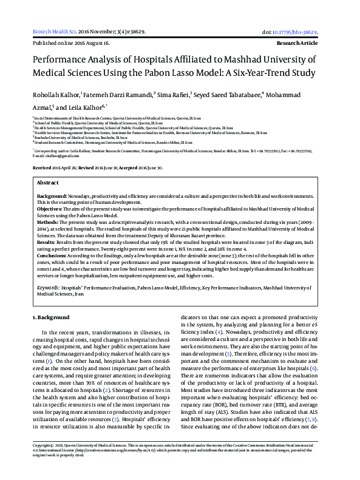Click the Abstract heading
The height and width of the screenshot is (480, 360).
click(48, 183)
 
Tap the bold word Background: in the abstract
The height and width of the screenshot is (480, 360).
click(52, 197)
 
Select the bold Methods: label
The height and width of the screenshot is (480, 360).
click(49, 223)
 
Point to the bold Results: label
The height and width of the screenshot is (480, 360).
click(47, 242)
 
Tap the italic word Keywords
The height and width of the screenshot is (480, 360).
click(49, 286)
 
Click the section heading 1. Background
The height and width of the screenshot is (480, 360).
click(51, 317)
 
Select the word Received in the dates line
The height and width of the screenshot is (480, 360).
click(42, 167)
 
